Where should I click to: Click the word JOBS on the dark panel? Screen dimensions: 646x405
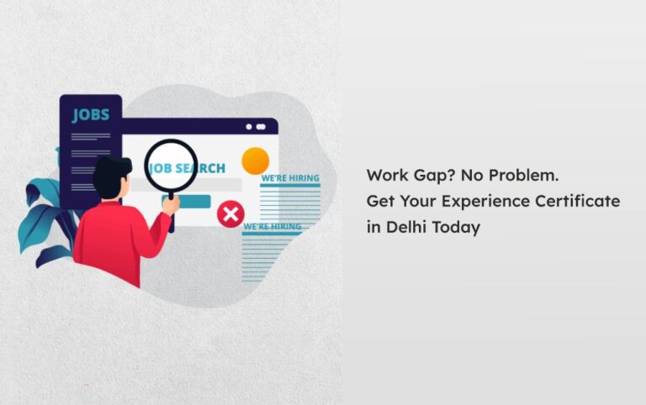(x=91, y=115)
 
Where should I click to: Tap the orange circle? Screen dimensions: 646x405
(x=256, y=161)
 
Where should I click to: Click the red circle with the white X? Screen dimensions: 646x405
(x=230, y=214)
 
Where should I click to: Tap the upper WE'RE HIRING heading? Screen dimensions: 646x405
(x=290, y=178)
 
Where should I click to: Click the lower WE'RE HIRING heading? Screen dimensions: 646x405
(x=273, y=227)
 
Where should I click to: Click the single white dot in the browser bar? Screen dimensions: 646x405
(x=249, y=127)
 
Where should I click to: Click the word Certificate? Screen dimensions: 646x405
(x=578, y=201)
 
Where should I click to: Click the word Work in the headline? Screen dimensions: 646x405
(x=386, y=176)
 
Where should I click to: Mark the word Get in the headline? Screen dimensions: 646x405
(x=381, y=202)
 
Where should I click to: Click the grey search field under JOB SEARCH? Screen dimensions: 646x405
(x=186, y=185)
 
